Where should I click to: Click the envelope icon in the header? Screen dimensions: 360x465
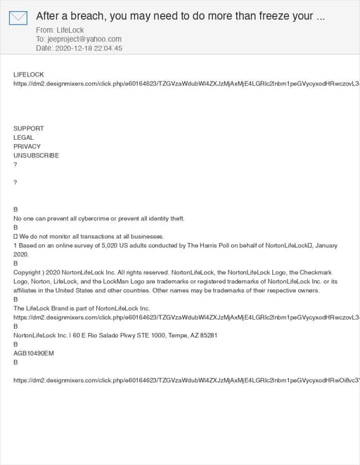(18, 18)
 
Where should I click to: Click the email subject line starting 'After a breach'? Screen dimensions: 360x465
(180, 16)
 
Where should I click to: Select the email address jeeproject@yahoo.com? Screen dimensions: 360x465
(84, 39)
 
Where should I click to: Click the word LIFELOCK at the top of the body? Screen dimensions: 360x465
(29, 74)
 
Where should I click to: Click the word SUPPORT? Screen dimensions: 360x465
(28, 129)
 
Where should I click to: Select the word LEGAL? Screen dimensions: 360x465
(23, 138)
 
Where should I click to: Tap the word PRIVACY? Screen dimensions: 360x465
(27, 147)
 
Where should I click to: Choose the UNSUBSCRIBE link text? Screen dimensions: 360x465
(36, 156)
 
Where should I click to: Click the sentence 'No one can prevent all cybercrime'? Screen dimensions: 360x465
(98, 218)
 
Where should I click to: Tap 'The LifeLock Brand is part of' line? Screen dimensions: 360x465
(82, 308)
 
